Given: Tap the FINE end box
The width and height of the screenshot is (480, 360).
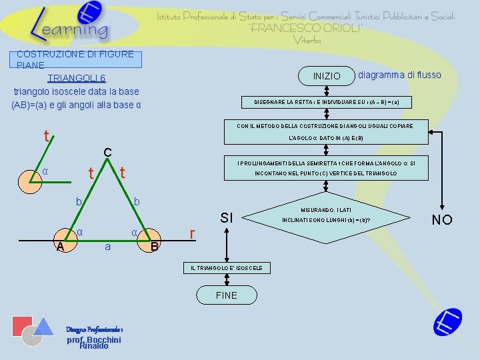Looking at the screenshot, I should point(226,295).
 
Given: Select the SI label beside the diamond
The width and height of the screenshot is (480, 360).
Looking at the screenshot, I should point(227,217).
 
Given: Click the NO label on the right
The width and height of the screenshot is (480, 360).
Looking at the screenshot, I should point(442,220).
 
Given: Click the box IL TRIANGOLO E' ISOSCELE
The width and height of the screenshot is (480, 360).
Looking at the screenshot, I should point(227,268).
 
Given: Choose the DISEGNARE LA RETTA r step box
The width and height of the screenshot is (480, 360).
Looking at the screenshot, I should point(326,102).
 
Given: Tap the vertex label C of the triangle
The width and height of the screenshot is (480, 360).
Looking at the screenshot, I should point(107,153).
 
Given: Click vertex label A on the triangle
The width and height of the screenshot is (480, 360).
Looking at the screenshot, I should point(60,247).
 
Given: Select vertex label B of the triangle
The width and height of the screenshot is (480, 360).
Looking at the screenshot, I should point(155,247).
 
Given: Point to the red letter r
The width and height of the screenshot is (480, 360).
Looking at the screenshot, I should point(192,234).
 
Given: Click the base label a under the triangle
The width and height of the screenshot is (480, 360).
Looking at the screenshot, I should point(107,247).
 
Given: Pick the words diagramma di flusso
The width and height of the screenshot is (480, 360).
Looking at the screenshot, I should point(399,75).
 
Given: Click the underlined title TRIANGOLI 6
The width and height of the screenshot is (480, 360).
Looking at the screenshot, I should point(76,78).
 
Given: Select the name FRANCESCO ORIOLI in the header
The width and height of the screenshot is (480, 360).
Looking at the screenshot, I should point(306,28).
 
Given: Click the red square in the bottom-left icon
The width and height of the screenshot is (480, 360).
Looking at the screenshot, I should point(23,326).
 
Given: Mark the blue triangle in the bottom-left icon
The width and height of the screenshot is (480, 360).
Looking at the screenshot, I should point(44,325).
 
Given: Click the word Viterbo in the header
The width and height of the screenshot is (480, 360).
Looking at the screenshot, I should point(306,40).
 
